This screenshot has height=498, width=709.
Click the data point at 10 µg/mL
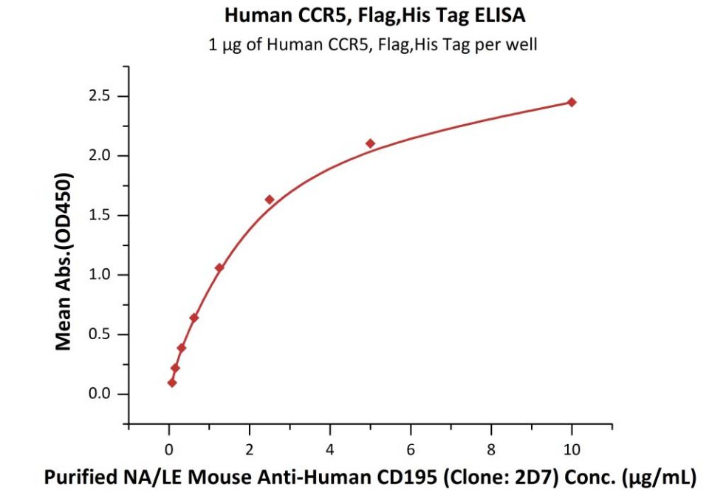click(x=571, y=102)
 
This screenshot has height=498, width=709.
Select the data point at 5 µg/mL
click(x=370, y=143)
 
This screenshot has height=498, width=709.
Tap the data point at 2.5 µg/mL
click(x=270, y=199)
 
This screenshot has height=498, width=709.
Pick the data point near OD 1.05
click(x=219, y=267)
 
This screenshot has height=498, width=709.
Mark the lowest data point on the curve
click(x=172, y=383)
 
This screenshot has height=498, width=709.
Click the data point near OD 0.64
click(x=194, y=318)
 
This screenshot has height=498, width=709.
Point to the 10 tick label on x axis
click(x=571, y=448)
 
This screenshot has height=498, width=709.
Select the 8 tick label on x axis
click(x=491, y=448)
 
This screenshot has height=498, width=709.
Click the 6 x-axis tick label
click(x=411, y=448)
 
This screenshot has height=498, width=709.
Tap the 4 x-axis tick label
click(x=330, y=448)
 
